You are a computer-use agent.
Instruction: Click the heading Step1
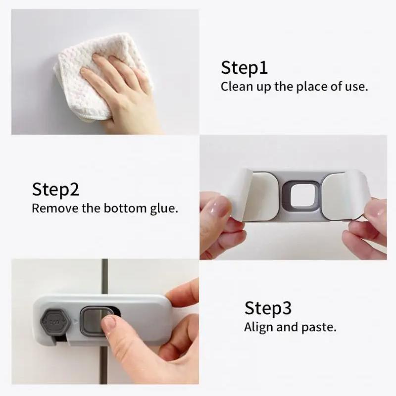[244, 68]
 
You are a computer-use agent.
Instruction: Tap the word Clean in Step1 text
[235, 87]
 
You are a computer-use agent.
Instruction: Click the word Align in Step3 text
[260, 327]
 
